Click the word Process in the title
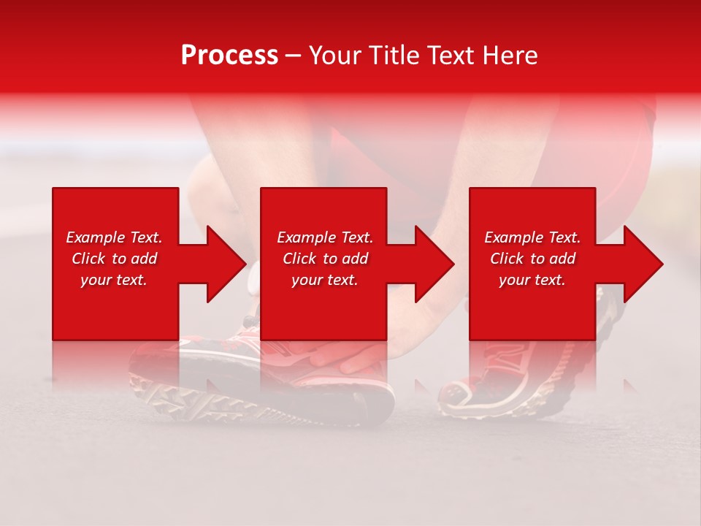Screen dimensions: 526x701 click(229, 56)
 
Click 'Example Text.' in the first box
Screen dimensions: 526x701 click(114, 237)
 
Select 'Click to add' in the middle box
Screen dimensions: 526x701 click(325, 259)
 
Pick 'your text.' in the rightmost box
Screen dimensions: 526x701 click(532, 280)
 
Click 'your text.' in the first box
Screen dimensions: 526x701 click(114, 280)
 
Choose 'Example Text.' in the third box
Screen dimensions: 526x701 click(532, 237)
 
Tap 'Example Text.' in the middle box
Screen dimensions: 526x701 click(325, 237)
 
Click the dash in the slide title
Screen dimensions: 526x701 click(293, 56)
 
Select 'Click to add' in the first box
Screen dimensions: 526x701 click(114, 259)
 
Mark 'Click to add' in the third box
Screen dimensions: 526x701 click(532, 259)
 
